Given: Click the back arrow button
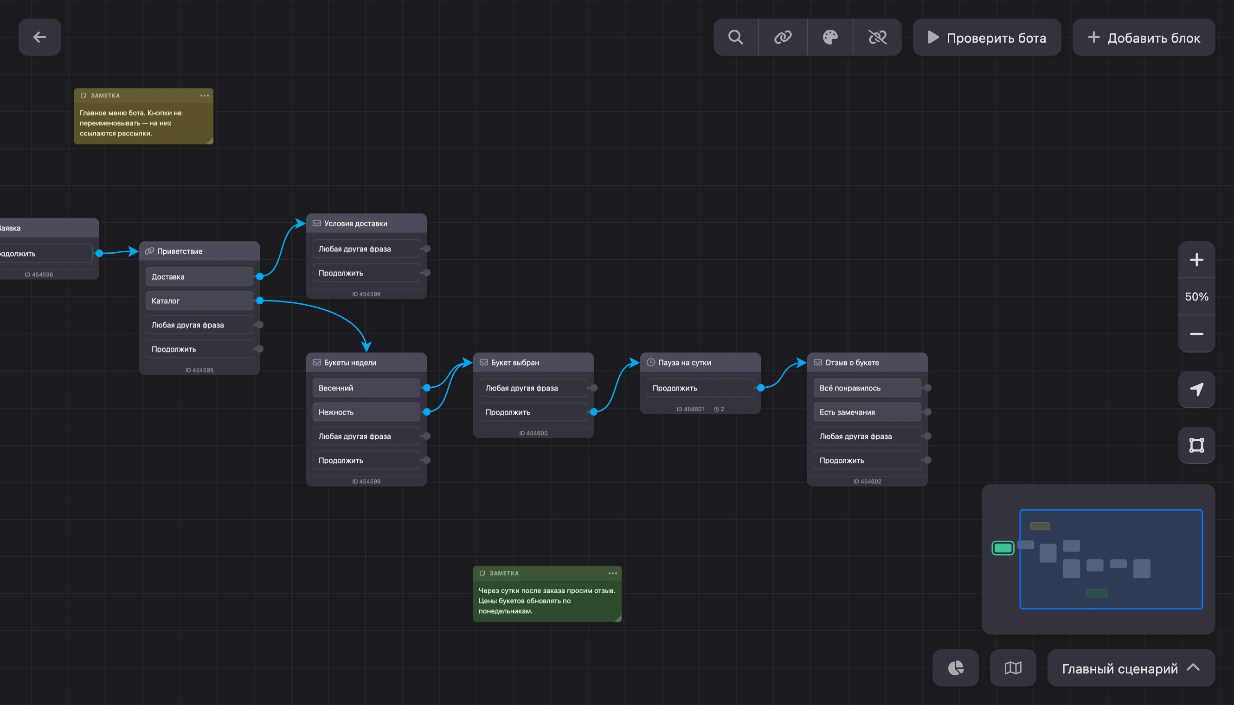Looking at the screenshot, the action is pyautogui.click(x=40, y=37).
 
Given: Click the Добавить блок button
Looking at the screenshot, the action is pyautogui.click(x=1144, y=37).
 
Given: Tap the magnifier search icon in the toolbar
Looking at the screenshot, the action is pyautogui.click(x=736, y=37).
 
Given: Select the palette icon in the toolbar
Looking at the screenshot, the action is pyautogui.click(x=830, y=37).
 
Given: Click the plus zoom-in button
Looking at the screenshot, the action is pyautogui.click(x=1196, y=260).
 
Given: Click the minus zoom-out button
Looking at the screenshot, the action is pyautogui.click(x=1196, y=334).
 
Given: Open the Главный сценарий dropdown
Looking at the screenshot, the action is pyautogui.click(x=1131, y=668).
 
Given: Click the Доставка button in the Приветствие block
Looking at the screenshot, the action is pyautogui.click(x=199, y=276).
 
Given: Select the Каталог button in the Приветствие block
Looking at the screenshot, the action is pyautogui.click(x=199, y=301).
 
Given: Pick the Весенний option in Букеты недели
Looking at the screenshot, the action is pyautogui.click(x=366, y=388).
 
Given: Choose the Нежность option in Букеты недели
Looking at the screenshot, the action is pyautogui.click(x=366, y=412).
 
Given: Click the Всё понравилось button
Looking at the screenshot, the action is pyautogui.click(x=867, y=388).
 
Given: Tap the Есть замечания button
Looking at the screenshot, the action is pyautogui.click(x=867, y=412).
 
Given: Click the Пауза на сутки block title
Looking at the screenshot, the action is pyautogui.click(x=684, y=363).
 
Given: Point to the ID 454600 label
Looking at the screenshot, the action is pyautogui.click(x=533, y=433).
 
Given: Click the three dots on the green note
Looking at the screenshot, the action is pyautogui.click(x=613, y=573).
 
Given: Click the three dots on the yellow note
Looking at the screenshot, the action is pyautogui.click(x=205, y=96).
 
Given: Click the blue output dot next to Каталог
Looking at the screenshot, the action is pyautogui.click(x=260, y=301).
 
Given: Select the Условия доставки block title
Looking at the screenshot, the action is pyautogui.click(x=355, y=224).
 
